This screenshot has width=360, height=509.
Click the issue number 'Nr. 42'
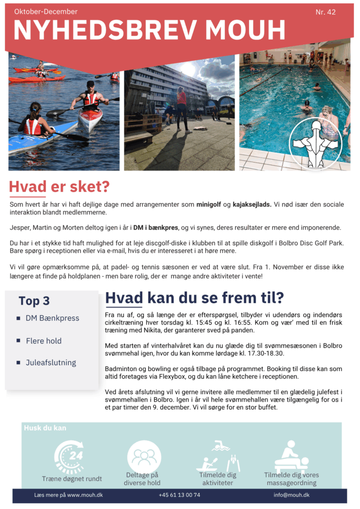coord(326,12)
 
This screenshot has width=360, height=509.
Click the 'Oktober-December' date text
coord(46,11)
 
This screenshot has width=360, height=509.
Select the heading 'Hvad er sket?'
coord(59,187)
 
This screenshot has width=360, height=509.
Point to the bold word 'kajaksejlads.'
coord(252,205)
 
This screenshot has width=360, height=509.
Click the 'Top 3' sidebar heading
coord(34,301)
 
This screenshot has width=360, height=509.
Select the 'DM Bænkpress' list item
coord(52,318)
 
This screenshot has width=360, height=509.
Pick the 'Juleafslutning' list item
coord(51,362)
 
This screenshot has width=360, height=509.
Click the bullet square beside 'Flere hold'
coord(18,341)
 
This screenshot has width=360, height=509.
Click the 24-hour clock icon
coord(69,456)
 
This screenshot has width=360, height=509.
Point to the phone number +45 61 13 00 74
coord(180,495)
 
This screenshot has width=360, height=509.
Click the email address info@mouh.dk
coord(291,495)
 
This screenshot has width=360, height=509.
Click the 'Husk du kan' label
coord(45,428)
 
